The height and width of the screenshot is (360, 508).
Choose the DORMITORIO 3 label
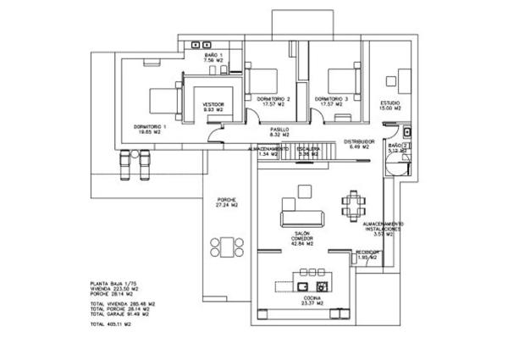(331, 99)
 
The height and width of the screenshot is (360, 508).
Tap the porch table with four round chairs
(226, 246)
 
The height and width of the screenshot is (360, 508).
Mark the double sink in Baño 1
(201, 43)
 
